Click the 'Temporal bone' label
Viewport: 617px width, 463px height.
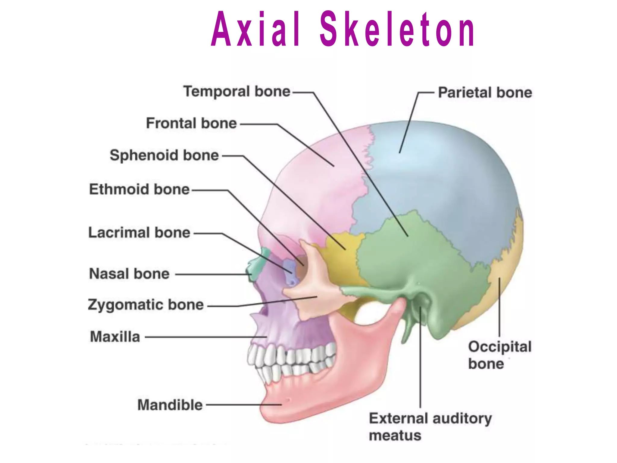click(x=237, y=91)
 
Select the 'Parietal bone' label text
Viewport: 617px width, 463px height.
click(x=485, y=93)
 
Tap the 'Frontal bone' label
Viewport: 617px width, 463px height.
click(x=191, y=123)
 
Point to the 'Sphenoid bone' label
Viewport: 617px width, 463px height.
click(x=164, y=155)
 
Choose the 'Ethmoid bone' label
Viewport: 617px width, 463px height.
click(x=139, y=189)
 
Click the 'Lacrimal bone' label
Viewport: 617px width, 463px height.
click(x=139, y=233)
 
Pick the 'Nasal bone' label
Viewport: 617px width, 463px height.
click(x=129, y=274)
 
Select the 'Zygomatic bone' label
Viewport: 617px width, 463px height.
click(x=146, y=305)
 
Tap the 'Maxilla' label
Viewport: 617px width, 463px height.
click(x=115, y=337)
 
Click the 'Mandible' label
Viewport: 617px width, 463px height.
click(x=170, y=405)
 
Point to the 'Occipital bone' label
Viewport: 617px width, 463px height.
click(x=500, y=355)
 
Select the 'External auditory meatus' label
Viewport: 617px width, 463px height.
click(x=430, y=427)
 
